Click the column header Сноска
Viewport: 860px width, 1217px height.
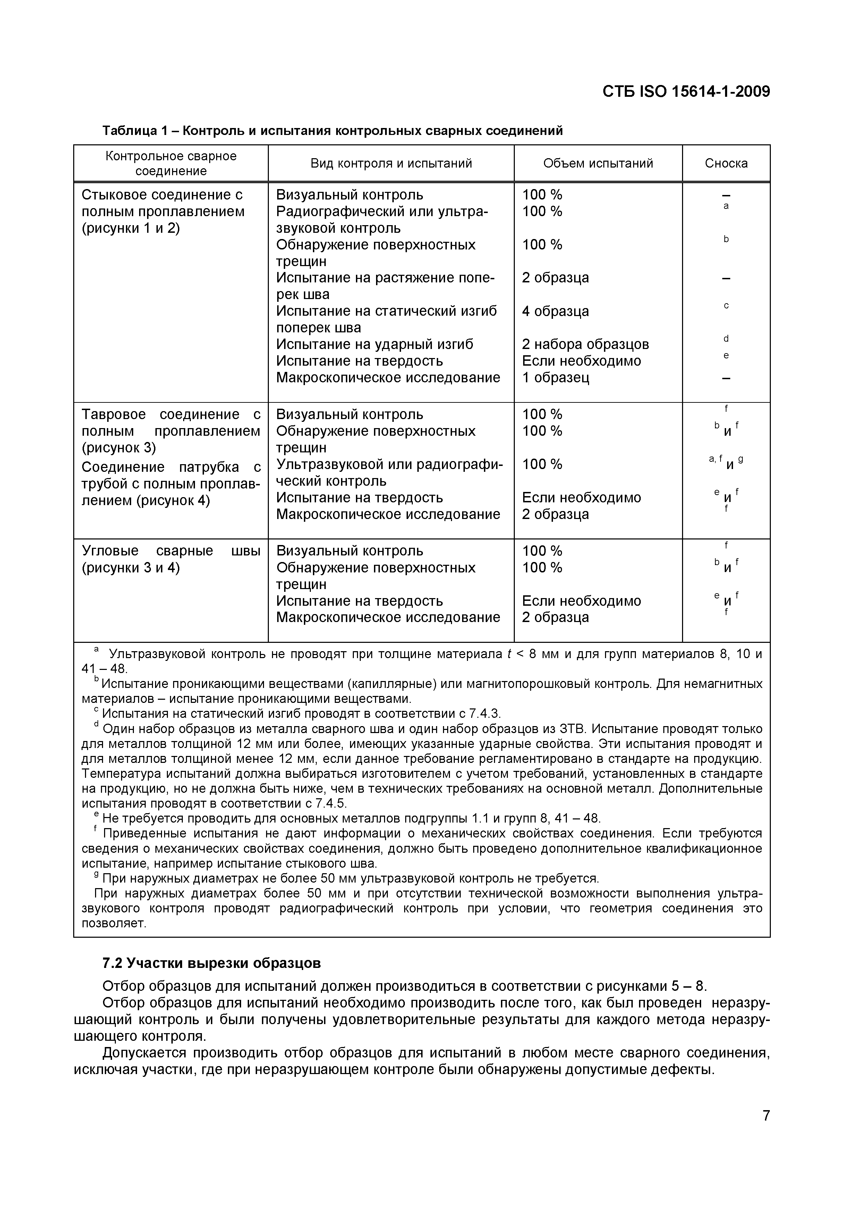point(726,163)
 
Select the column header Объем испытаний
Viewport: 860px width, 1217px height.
point(598,163)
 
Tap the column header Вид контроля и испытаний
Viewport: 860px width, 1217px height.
point(391,163)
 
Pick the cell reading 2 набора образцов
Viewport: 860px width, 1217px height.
point(585,344)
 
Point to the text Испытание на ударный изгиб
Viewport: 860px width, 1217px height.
point(375,344)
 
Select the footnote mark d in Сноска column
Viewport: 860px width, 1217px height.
point(726,339)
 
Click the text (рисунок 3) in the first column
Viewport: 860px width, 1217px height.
point(119,448)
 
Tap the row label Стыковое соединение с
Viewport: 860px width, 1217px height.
point(162,195)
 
